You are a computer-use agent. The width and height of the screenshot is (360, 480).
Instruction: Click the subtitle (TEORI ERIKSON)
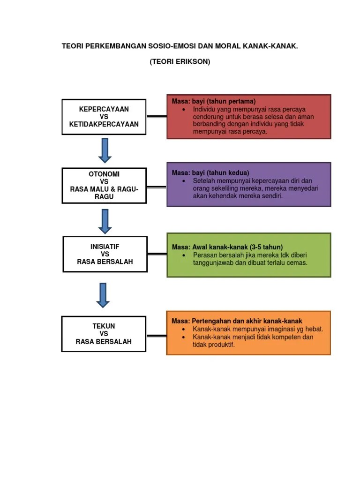coord(180,62)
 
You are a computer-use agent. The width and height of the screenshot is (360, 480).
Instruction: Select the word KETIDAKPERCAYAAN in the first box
coord(104,124)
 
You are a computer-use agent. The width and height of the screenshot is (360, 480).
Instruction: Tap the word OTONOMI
coord(104,174)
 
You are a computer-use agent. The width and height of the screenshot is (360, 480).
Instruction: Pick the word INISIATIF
coord(105,246)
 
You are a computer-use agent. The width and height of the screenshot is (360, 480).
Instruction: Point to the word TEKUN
coord(104,326)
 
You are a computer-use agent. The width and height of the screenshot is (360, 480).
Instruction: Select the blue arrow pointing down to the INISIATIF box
coord(105,221)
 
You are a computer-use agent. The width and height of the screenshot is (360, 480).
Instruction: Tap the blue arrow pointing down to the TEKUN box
coord(103,295)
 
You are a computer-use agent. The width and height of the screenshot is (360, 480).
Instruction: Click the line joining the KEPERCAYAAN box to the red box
coord(157,116)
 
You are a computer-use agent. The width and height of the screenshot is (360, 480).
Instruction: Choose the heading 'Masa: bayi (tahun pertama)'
coord(214,101)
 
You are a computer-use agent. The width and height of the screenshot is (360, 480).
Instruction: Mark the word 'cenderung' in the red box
coord(208,117)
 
